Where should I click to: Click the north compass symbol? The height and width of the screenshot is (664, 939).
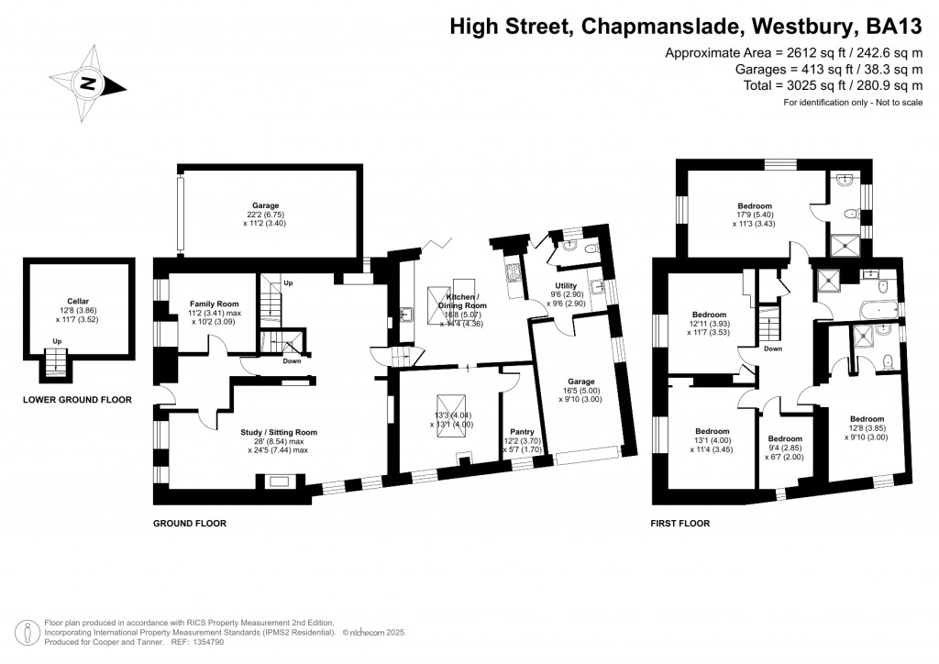tap(88, 83)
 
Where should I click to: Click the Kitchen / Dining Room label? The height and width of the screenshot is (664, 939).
tap(466, 300)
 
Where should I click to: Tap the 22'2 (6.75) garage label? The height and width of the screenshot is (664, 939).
tap(265, 205)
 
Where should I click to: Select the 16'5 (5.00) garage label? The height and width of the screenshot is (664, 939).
tap(580, 382)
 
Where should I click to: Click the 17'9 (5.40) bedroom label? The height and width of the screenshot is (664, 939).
tap(755, 206)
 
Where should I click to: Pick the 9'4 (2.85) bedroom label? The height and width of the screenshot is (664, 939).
tap(784, 438)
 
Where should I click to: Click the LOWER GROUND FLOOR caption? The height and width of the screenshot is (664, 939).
tap(77, 400)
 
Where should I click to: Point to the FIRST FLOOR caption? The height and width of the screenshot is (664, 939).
tap(679, 524)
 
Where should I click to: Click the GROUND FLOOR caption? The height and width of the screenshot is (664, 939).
tap(189, 524)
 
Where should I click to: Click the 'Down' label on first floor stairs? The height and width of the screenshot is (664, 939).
tap(773, 349)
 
